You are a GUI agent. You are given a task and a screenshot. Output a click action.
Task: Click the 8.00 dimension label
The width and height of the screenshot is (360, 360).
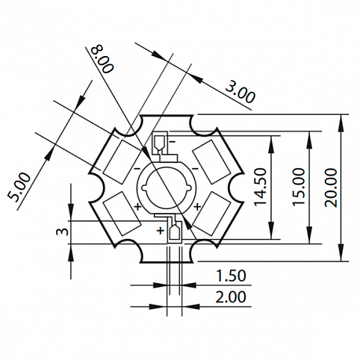[x=102, y=59]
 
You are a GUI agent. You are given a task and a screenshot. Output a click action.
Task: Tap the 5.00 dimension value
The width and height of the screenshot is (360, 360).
[x=19, y=187]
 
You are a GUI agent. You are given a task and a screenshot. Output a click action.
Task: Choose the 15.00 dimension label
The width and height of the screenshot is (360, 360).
[x=299, y=187]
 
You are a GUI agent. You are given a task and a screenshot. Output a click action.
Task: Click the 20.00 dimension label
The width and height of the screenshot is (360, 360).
[x=331, y=187]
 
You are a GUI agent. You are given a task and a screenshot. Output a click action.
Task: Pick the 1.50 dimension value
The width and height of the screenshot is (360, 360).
[x=231, y=276]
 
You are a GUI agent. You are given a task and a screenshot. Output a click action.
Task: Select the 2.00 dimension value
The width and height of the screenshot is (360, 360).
[x=231, y=297]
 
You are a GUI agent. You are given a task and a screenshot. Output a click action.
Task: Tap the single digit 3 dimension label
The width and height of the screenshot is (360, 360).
[x=62, y=232]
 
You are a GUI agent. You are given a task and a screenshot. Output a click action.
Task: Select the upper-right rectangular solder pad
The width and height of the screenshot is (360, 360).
[x=211, y=162]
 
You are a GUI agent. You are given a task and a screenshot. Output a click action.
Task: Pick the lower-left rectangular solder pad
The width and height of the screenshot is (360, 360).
[x=122, y=214]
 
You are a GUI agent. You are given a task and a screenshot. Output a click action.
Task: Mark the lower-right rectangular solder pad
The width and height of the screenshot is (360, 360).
[x=211, y=214]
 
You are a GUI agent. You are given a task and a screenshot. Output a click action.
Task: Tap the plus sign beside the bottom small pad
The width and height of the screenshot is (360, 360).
[x=161, y=230]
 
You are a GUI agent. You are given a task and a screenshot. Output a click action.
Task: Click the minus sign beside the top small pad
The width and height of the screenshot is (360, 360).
[x=173, y=142]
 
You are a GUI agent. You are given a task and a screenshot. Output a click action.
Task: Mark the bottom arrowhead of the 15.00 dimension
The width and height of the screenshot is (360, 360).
[x=309, y=235]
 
